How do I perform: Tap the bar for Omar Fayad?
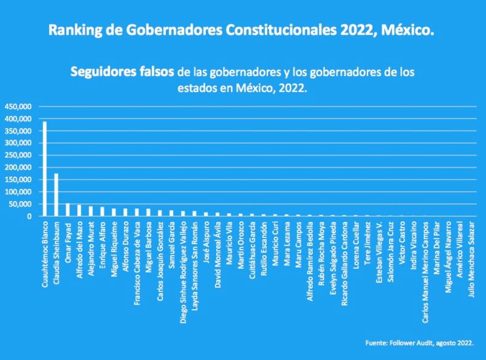point(67,209)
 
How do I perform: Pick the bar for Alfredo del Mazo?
point(79,210)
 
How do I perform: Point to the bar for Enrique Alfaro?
point(102,211)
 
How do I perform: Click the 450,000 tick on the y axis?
point(18,106)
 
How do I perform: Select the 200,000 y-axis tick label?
point(18,167)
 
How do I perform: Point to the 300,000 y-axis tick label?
point(18,143)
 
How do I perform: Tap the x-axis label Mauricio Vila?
point(229,242)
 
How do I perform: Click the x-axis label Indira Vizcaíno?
point(414,243)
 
